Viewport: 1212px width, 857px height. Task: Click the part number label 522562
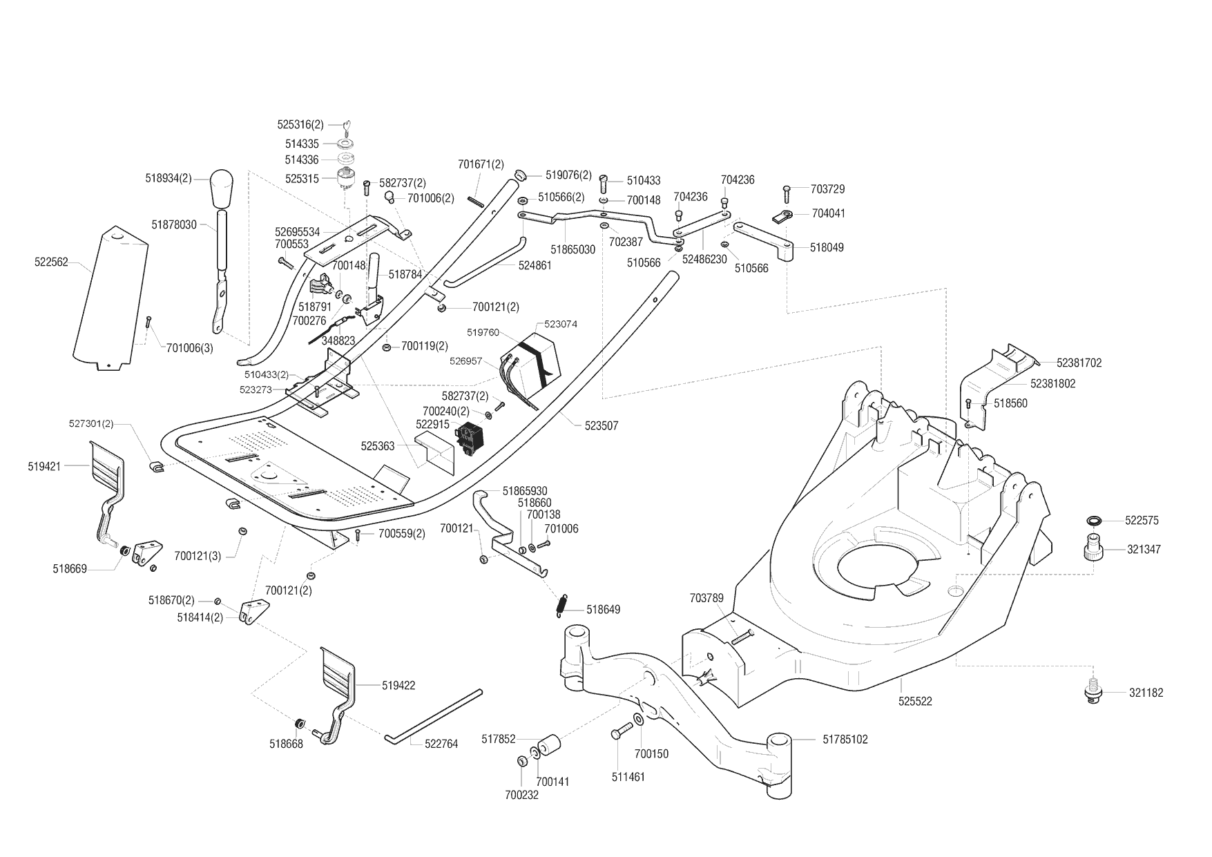pos(51,262)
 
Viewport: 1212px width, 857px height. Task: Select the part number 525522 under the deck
pos(915,702)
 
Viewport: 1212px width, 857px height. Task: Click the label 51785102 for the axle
pos(845,740)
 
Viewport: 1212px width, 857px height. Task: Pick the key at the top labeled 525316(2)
pos(348,126)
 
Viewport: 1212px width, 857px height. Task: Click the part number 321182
pos(1146,693)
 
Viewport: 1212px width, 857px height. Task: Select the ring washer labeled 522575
pos(1094,520)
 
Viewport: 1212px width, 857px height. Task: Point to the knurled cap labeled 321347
pos(1093,548)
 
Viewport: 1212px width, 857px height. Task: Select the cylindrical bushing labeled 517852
pos(549,744)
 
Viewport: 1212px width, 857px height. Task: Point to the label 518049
pos(827,247)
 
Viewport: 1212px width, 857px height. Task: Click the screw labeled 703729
pos(787,191)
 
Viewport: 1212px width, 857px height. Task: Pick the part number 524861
pos(535,265)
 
